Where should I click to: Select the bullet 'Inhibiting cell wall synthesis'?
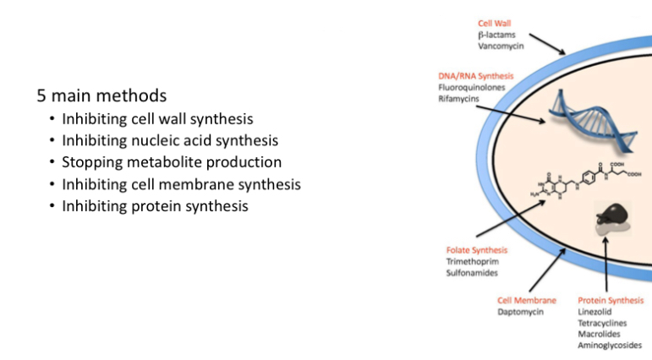tap(157, 119)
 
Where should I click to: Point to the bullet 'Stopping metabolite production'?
tap(172, 162)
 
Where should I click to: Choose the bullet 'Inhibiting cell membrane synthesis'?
tap(181, 184)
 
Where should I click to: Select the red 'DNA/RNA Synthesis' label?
tap(475, 76)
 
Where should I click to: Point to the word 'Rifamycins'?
tap(458, 99)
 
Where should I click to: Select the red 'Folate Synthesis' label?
tap(477, 250)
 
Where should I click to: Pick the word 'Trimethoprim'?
tap(472, 262)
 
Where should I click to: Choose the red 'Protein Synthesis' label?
tap(611, 300)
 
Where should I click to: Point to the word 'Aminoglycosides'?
tap(610, 345)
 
